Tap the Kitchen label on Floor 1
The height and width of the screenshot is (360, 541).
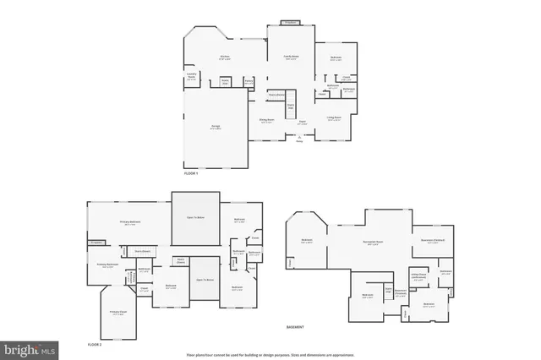pyautogui.click(x=226, y=58)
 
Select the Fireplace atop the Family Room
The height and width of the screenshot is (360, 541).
pyautogui.click(x=290, y=23)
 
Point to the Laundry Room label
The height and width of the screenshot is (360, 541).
pyautogui.click(x=192, y=78)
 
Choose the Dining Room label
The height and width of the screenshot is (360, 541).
pyautogui.click(x=266, y=120)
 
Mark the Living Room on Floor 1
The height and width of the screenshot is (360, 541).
pyautogui.click(x=334, y=119)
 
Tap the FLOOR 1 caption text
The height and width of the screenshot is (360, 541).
pyautogui.click(x=190, y=173)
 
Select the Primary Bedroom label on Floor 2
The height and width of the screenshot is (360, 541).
pyautogui.click(x=129, y=223)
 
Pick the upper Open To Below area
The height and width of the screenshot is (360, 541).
pyautogui.click(x=196, y=217)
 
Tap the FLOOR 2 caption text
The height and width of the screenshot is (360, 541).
pyautogui.click(x=95, y=345)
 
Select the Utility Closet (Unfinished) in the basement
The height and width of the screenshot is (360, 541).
pyautogui.click(x=418, y=277)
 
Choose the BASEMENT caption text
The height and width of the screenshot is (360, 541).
pyautogui.click(x=295, y=326)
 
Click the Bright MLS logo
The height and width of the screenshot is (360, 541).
pyautogui.click(x=29, y=347)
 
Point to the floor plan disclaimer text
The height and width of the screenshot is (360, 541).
pyautogui.click(x=270, y=353)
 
